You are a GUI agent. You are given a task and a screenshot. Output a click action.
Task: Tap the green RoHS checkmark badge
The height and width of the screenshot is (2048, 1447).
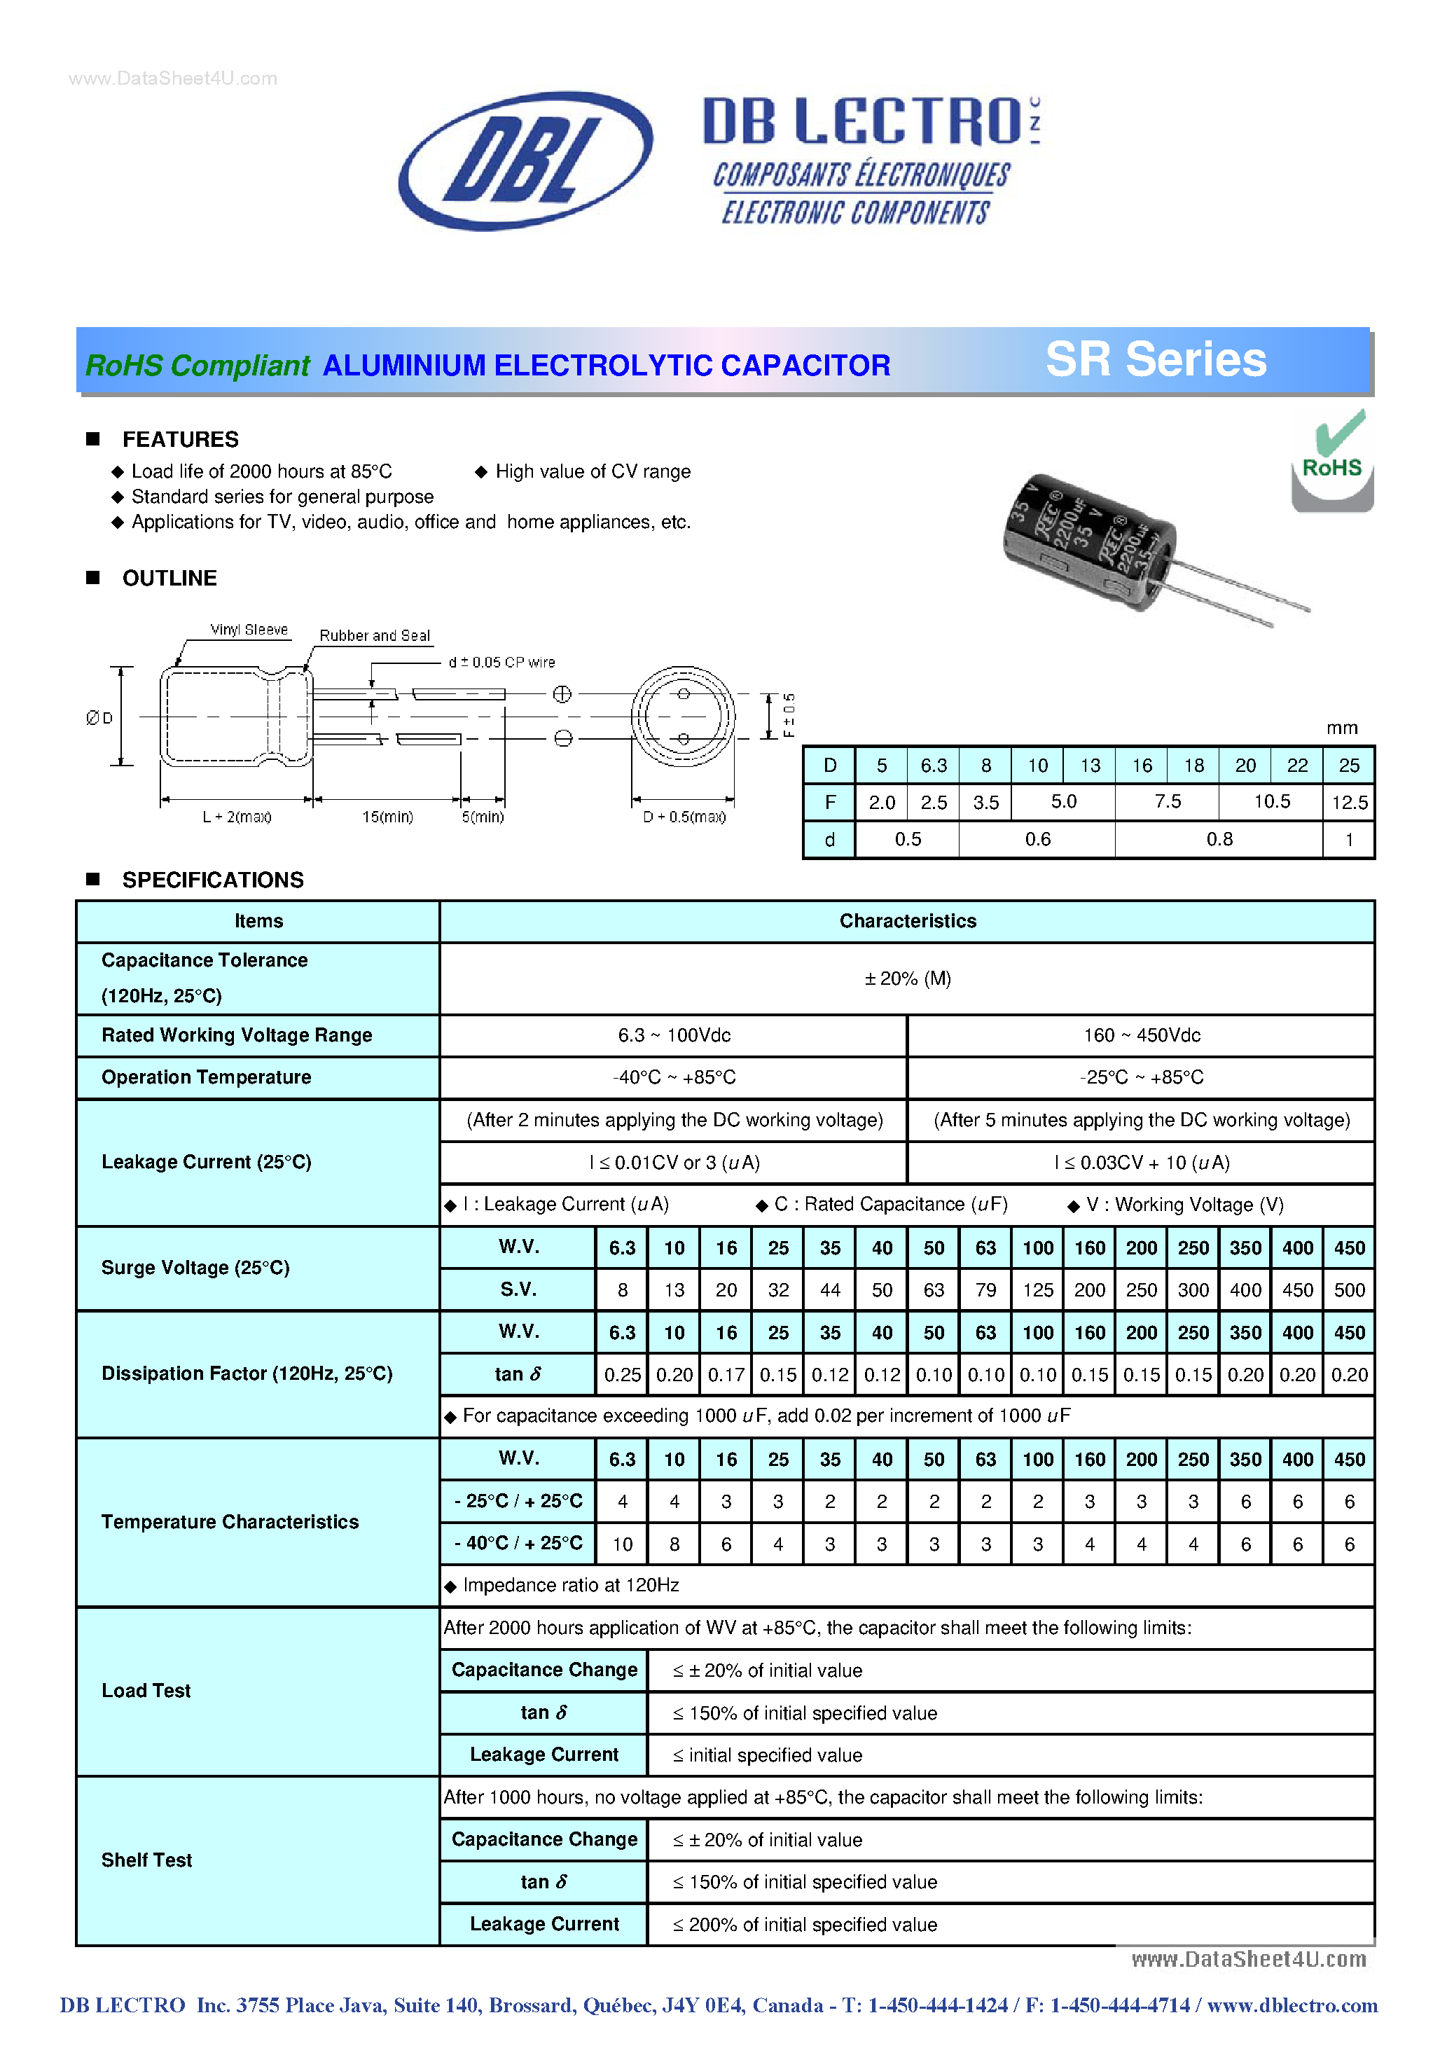point(1332,459)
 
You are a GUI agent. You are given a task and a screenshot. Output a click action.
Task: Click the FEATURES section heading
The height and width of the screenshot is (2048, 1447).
point(180,440)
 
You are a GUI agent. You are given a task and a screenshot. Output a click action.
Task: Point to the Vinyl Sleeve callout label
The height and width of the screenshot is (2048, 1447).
point(249,630)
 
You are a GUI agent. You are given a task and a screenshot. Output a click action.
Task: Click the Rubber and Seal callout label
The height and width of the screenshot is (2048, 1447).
point(375,636)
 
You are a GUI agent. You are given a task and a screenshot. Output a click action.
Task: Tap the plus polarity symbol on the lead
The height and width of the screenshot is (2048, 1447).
point(562,694)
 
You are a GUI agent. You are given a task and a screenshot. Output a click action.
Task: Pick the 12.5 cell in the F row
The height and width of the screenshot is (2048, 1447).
point(1349,803)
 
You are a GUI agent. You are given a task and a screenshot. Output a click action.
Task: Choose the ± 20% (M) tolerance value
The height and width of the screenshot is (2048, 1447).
point(907,979)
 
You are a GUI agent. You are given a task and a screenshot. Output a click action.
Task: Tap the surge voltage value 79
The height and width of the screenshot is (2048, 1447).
point(985,1291)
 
